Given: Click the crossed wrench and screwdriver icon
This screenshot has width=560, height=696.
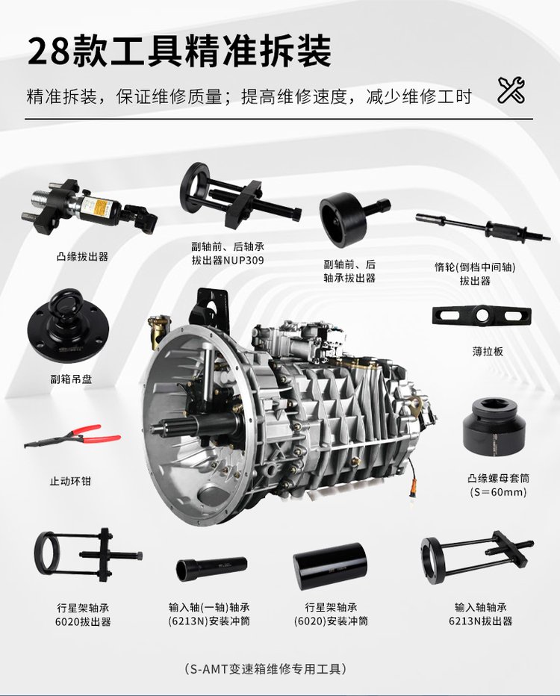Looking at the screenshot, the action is pyautogui.click(x=511, y=90).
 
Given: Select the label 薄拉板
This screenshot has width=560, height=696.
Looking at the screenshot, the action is pyautogui.click(x=488, y=352).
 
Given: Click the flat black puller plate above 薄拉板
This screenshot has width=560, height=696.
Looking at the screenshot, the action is pyautogui.click(x=482, y=315).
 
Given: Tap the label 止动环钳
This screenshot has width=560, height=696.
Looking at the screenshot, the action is pyautogui.click(x=70, y=481).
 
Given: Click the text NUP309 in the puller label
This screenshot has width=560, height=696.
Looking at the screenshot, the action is pyautogui.click(x=243, y=260).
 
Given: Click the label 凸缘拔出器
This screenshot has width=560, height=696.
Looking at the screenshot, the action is pyautogui.click(x=83, y=257).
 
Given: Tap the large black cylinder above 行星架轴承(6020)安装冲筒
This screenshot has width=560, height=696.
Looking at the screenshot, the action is pyautogui.click(x=330, y=566).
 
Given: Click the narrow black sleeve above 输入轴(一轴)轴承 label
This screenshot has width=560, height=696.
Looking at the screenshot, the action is pyautogui.click(x=211, y=569).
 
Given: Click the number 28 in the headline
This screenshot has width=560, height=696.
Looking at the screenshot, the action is pyautogui.click(x=49, y=51).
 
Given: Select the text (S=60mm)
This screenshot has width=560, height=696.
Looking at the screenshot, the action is pyautogui.click(x=498, y=492).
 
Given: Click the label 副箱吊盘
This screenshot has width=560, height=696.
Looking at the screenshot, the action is pyautogui.click(x=71, y=379).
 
